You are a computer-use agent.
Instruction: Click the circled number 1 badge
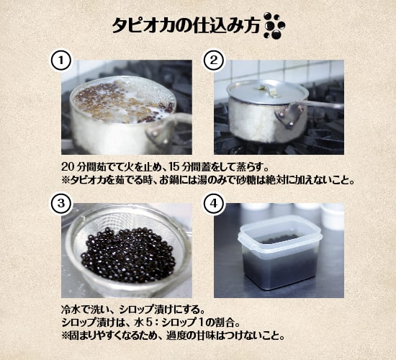coord(61,61)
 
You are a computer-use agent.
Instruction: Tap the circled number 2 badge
coord(214,60)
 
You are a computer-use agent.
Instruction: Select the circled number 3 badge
coord(61,204)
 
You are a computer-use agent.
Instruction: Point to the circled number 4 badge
coord(214,204)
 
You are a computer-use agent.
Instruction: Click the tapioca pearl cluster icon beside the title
coord(274,26)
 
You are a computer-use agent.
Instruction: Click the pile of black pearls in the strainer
coord(128,255)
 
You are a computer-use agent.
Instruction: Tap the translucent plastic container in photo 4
coord(280,253)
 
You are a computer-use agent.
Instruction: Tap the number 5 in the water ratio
coord(148,323)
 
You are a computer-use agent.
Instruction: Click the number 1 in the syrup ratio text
coord(202,323)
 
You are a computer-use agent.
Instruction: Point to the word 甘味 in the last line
coord(213,336)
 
